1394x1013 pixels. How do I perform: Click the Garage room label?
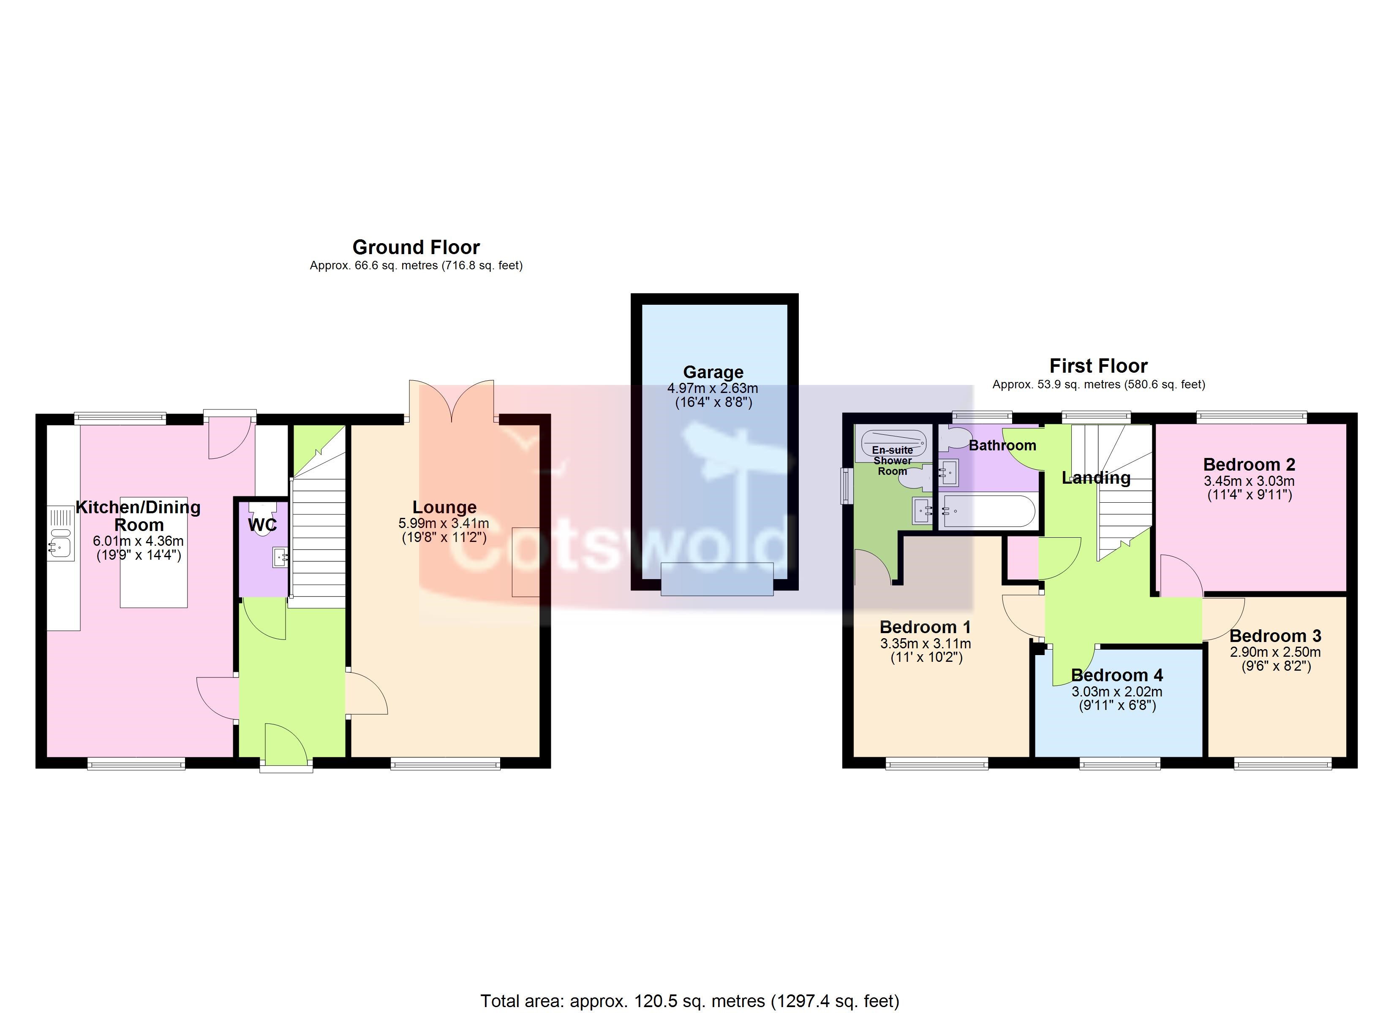tap(713, 372)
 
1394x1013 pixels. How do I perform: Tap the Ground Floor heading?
tap(416, 247)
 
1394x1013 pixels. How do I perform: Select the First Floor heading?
tap(1098, 366)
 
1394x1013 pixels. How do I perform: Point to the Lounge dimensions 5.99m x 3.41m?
tap(444, 523)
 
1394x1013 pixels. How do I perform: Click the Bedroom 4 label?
tap(1117, 676)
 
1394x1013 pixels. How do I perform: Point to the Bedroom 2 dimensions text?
tap(1249, 488)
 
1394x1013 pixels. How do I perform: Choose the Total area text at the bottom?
tap(690, 1001)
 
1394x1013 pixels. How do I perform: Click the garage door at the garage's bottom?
tap(717, 579)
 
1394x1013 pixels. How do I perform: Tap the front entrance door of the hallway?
tap(286, 745)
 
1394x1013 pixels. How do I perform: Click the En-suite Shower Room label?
tap(893, 461)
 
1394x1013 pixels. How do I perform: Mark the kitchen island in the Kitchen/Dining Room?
tap(154, 552)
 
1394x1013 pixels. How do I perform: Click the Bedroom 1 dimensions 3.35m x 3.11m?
tap(926, 644)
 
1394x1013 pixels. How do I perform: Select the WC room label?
tap(262, 525)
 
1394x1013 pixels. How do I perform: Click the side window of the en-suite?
tap(847, 486)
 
